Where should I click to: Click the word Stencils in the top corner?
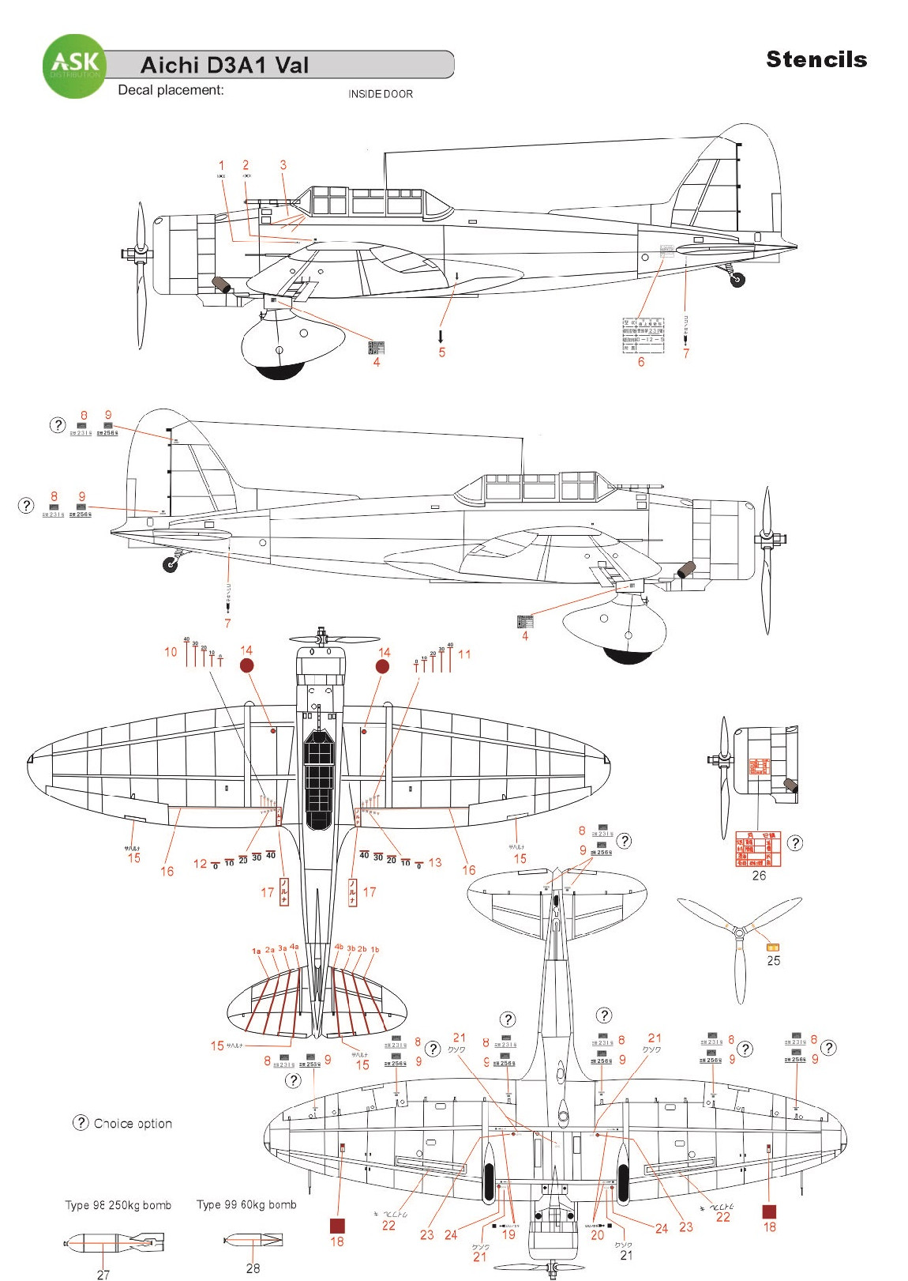click(816, 59)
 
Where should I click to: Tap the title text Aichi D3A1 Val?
click(224, 66)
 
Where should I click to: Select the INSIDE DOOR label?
click(381, 94)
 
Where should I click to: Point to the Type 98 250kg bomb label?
click(118, 1205)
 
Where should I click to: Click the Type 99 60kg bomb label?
click(246, 1204)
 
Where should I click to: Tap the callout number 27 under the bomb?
click(103, 1274)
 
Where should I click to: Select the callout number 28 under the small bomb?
click(253, 1268)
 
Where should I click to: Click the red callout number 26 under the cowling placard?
click(759, 876)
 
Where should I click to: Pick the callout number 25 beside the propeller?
click(774, 960)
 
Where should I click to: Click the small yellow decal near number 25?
click(773, 946)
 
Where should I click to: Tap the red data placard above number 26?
click(758, 849)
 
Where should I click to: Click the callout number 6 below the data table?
click(641, 362)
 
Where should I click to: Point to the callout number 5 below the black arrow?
click(442, 352)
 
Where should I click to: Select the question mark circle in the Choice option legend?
click(81, 1123)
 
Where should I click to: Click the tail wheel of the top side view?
click(738, 278)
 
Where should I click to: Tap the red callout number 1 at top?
click(222, 166)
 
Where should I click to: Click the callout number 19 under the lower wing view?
click(508, 1234)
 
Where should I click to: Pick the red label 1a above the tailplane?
click(256, 951)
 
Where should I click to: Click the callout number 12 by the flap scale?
click(201, 864)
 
